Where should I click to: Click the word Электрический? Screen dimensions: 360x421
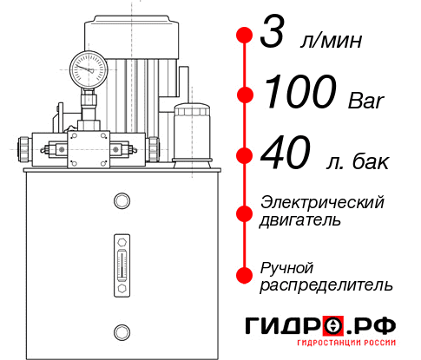point(322,202)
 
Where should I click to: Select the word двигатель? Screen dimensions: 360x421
point(300,220)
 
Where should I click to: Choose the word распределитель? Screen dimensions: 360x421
point(326,285)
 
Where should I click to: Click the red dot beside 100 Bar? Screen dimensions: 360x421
point(246,94)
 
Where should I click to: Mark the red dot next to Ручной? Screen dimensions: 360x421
point(246,274)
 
